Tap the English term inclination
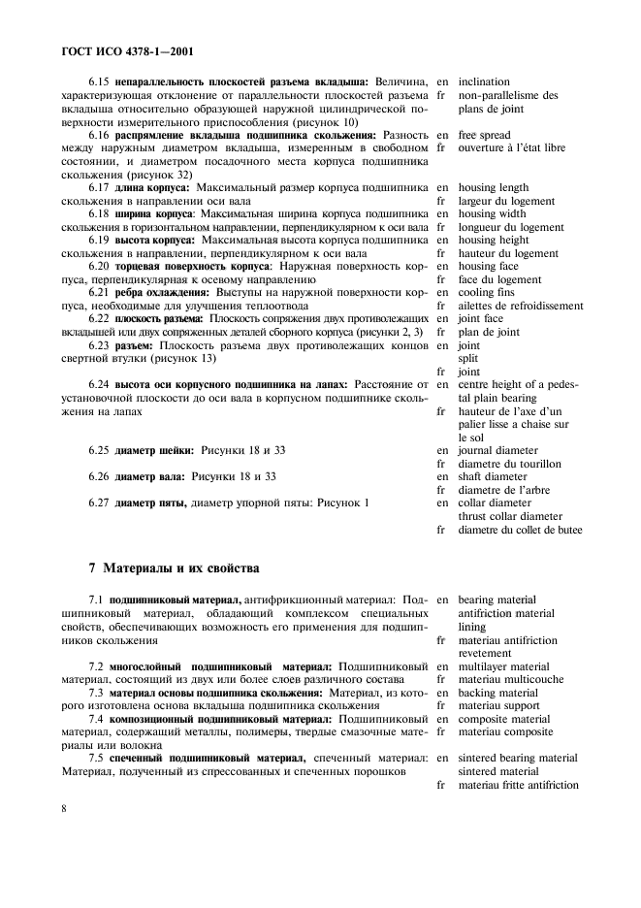[x=484, y=82]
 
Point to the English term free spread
[x=485, y=135]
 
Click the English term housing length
[x=494, y=187]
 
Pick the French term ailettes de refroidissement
[x=521, y=306]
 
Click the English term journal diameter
[x=497, y=451]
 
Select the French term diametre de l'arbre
[x=504, y=490]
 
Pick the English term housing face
[x=490, y=266]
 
